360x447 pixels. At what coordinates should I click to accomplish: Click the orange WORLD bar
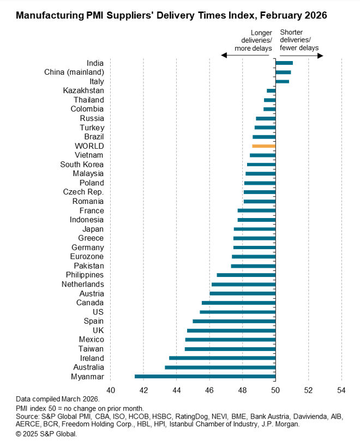(264, 146)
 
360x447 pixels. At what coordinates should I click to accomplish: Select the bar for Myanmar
(205, 376)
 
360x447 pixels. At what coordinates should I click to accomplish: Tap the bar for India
(284, 63)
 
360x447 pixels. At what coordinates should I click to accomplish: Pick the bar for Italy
(282, 81)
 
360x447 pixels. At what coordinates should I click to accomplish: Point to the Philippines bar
(246, 275)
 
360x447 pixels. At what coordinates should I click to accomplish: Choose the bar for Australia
(220, 367)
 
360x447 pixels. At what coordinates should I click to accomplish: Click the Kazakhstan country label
(83, 90)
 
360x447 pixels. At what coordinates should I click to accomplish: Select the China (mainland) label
(74, 72)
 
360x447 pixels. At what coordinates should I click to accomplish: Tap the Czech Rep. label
(83, 192)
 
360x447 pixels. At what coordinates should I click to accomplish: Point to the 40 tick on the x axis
(110, 390)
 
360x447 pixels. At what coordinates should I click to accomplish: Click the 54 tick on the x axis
(341, 390)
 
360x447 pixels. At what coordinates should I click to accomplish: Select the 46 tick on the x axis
(209, 390)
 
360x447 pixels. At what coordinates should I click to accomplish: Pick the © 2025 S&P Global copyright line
(46, 434)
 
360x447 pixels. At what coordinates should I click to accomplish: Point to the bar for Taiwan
(230, 348)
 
